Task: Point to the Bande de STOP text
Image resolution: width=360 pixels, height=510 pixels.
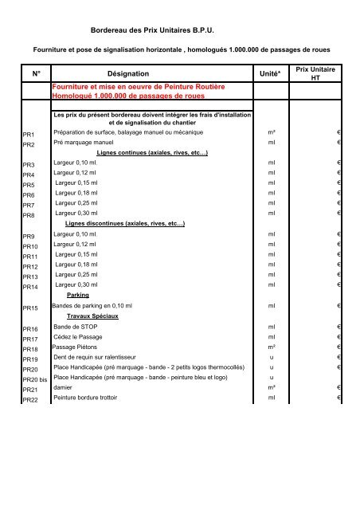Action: (x=77, y=327)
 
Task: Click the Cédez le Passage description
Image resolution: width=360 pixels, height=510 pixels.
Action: (x=82, y=337)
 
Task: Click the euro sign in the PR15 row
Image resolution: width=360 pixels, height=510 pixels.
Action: (x=339, y=306)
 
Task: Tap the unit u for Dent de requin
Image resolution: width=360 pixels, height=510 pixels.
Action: (x=272, y=358)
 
